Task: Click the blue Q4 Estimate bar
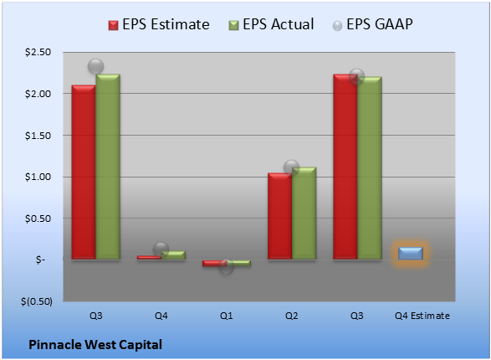click(x=410, y=253)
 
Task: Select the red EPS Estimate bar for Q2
click(x=279, y=216)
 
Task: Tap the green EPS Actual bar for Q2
click(x=304, y=213)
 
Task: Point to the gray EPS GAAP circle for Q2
click(x=291, y=167)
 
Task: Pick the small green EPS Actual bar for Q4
click(x=173, y=255)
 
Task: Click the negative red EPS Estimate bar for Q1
click(x=214, y=263)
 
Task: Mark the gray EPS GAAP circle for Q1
click(x=226, y=266)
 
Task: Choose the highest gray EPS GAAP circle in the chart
click(x=95, y=67)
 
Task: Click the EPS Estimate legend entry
click(x=159, y=24)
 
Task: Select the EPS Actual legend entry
click(x=271, y=24)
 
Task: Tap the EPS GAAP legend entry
click(x=372, y=24)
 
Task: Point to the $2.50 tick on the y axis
click(x=38, y=52)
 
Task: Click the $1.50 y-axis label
click(x=38, y=136)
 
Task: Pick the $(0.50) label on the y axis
click(x=37, y=301)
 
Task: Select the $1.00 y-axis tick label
click(x=38, y=177)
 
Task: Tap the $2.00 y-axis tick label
click(x=38, y=94)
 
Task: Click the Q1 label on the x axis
click(x=226, y=316)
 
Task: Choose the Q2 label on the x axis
click(x=291, y=316)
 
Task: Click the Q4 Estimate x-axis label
click(x=422, y=316)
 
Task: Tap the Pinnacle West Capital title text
click(x=95, y=345)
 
